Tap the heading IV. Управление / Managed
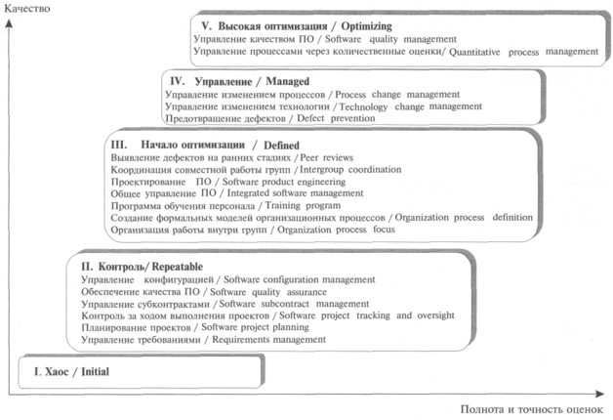coord(238,81)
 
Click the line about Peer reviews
coord(232,156)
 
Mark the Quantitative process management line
coord(388,51)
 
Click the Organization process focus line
coord(251,230)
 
